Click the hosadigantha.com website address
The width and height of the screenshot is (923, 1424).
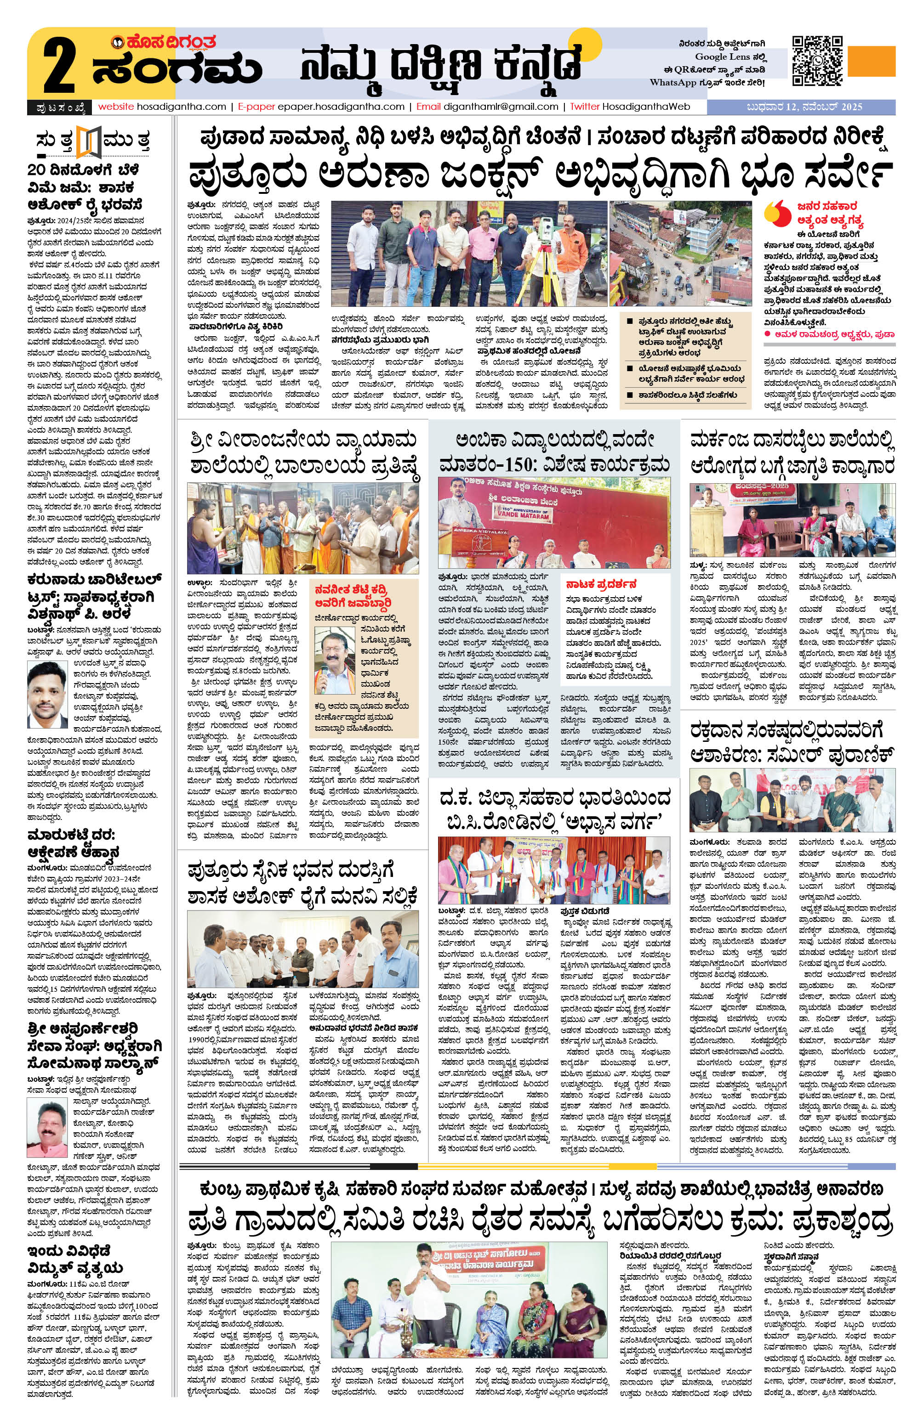[162, 107]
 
